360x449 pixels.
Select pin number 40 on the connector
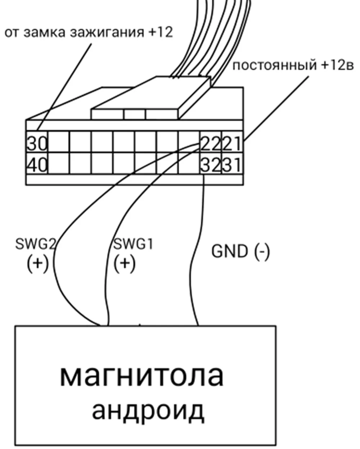pos(37,166)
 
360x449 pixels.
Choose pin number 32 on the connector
pos(210,166)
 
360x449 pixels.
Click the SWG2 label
pos(35,245)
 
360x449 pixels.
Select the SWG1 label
pos(133,245)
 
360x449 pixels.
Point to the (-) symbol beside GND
pos(262,251)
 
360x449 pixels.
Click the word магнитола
pos(141,376)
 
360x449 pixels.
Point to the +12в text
pos(337,66)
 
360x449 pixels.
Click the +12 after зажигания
pos(160,33)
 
